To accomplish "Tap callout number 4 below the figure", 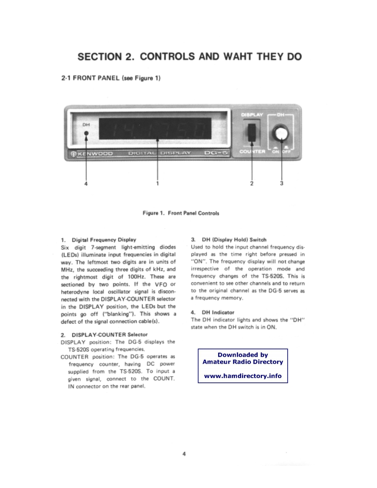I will [86, 184].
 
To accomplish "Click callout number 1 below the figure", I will [157, 184].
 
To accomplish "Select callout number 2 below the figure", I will [251, 184].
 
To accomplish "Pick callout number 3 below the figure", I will [282, 184].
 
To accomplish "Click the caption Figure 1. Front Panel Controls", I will [181, 213].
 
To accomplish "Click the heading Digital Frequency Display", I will [104, 239].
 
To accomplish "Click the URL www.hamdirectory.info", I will [243, 376].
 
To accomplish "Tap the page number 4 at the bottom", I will [184, 454].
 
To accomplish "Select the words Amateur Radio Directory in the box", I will [243, 362].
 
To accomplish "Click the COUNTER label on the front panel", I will [252, 151].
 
